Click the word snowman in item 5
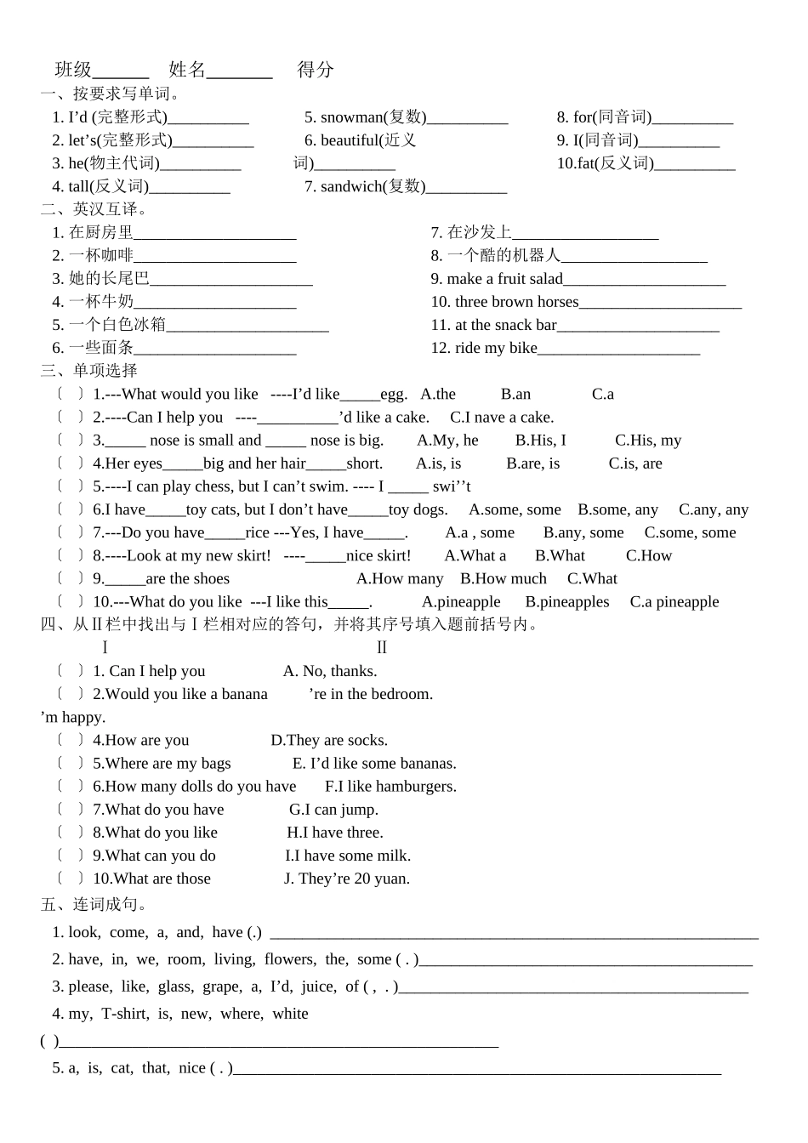[352, 117]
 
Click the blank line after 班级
[121, 71]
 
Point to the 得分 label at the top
[316, 70]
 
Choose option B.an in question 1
[515, 394]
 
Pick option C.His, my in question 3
[648, 441]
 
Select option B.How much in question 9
[504, 579]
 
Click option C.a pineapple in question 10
[674, 602]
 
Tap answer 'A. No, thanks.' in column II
[330, 671]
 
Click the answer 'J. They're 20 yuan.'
[347, 879]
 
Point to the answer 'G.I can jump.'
[333, 810]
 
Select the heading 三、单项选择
[88, 371]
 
